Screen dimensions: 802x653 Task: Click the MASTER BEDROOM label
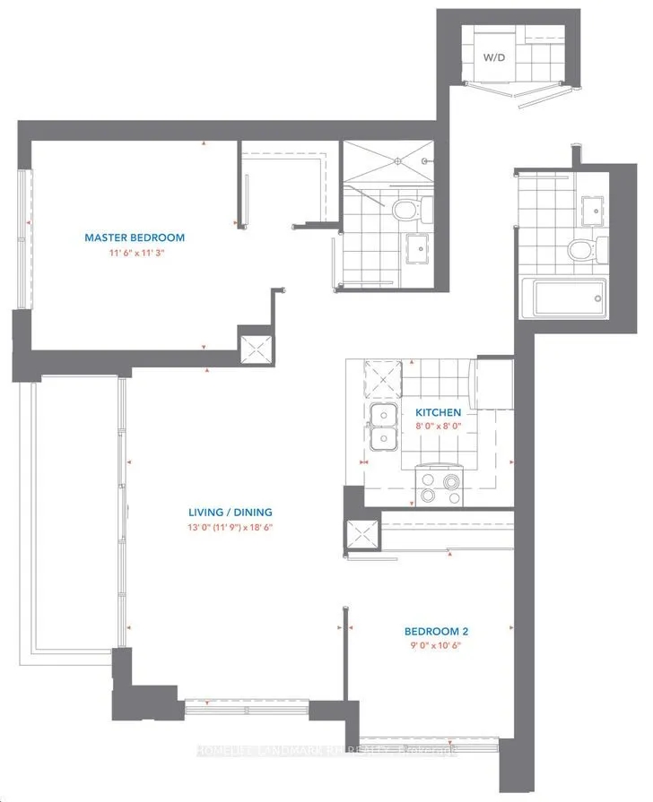pyautogui.click(x=135, y=237)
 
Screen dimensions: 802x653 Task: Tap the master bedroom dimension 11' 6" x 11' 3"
pyautogui.click(x=135, y=254)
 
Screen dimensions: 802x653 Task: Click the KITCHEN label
pyautogui.click(x=438, y=412)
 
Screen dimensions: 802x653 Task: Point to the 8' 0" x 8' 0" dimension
pyautogui.click(x=438, y=427)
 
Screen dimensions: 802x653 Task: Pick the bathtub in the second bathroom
pyautogui.click(x=563, y=297)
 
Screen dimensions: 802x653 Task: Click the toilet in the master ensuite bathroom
pyautogui.click(x=406, y=211)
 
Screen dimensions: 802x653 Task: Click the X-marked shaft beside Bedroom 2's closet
pyautogui.click(x=363, y=535)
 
